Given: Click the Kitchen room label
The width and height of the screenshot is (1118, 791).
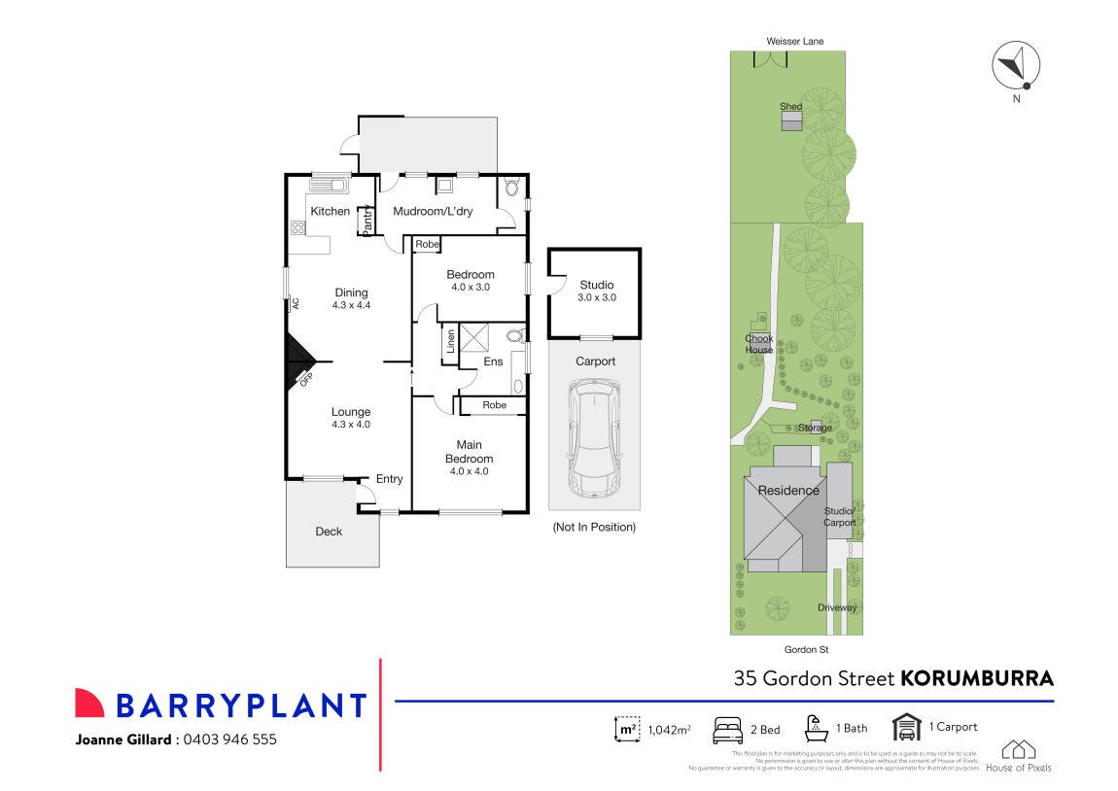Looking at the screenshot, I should [x=330, y=211].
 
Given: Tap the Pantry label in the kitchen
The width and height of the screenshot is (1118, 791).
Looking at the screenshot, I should [x=367, y=223].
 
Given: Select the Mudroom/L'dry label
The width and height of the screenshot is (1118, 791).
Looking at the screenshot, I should [x=433, y=211].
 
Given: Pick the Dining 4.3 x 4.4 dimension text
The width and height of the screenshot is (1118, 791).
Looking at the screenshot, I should [x=351, y=305].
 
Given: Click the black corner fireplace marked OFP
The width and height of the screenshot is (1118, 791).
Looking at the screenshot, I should [x=297, y=361].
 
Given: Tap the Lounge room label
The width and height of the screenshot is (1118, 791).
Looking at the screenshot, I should [x=351, y=412].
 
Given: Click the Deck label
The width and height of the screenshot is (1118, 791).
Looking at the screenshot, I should [x=329, y=532].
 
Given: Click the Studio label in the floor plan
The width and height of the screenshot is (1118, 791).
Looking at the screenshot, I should [x=596, y=285].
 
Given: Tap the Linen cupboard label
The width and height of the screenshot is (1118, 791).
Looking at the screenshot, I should [x=450, y=341].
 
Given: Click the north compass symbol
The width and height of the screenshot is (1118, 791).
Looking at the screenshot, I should [x=1016, y=66].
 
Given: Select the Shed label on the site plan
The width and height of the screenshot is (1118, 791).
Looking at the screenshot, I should [x=790, y=106].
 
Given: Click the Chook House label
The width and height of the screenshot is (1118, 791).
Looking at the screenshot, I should [x=758, y=344].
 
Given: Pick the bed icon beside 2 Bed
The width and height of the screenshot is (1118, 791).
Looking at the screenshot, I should [x=730, y=728].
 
